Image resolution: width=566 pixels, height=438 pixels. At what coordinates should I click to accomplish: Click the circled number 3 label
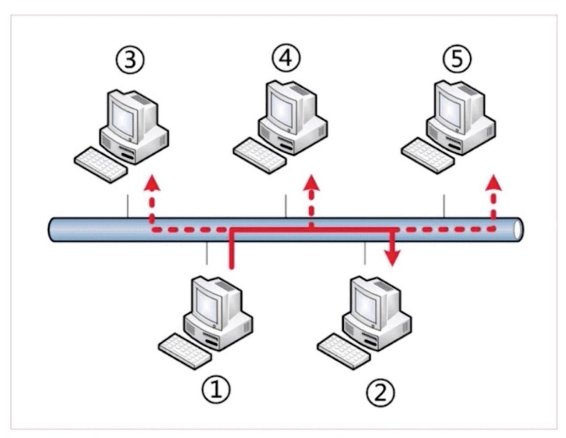coord(130,60)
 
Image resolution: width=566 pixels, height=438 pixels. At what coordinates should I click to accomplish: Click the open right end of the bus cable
coord(518,230)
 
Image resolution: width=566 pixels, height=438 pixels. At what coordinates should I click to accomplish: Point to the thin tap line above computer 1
coord(207,253)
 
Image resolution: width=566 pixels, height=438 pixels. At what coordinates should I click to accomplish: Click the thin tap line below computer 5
coord(444,206)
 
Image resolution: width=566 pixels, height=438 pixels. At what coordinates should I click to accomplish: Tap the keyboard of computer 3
coord(101,164)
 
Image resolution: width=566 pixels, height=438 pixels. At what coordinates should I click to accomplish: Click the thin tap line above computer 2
coord(365,253)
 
